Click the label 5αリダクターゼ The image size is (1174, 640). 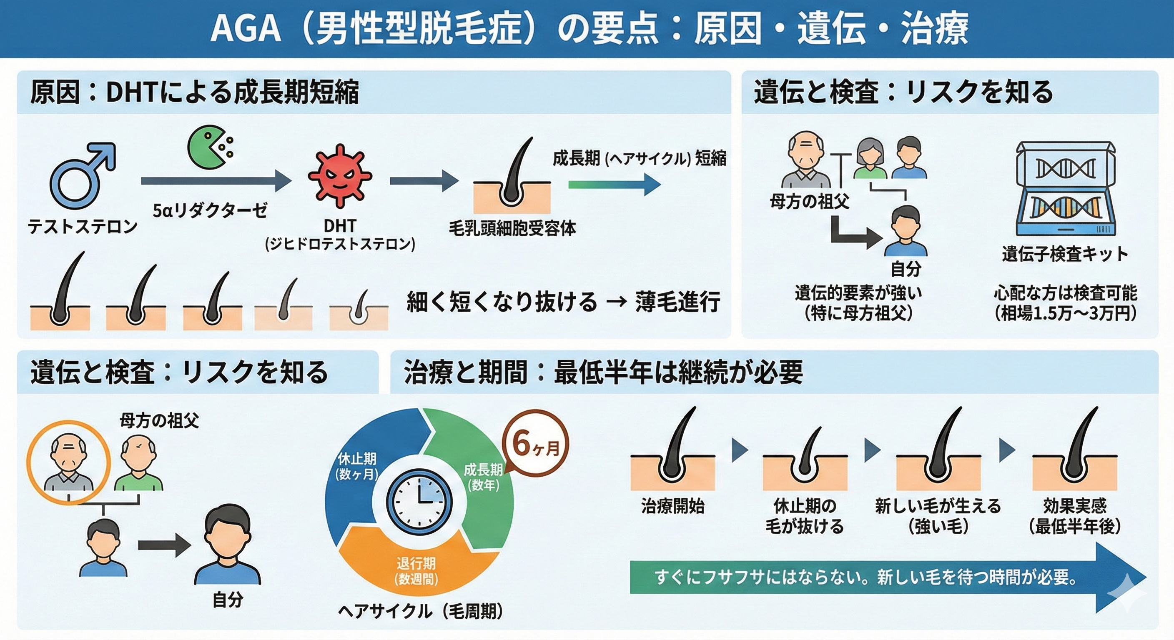[x=210, y=210]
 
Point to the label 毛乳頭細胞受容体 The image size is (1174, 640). [x=512, y=228]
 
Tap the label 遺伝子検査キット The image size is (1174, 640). [x=1065, y=254]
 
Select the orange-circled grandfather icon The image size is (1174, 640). [x=68, y=462]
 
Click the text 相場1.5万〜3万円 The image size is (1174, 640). [x=1066, y=313]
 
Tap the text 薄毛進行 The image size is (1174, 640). [x=678, y=302]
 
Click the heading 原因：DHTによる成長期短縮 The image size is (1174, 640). [x=194, y=92]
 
